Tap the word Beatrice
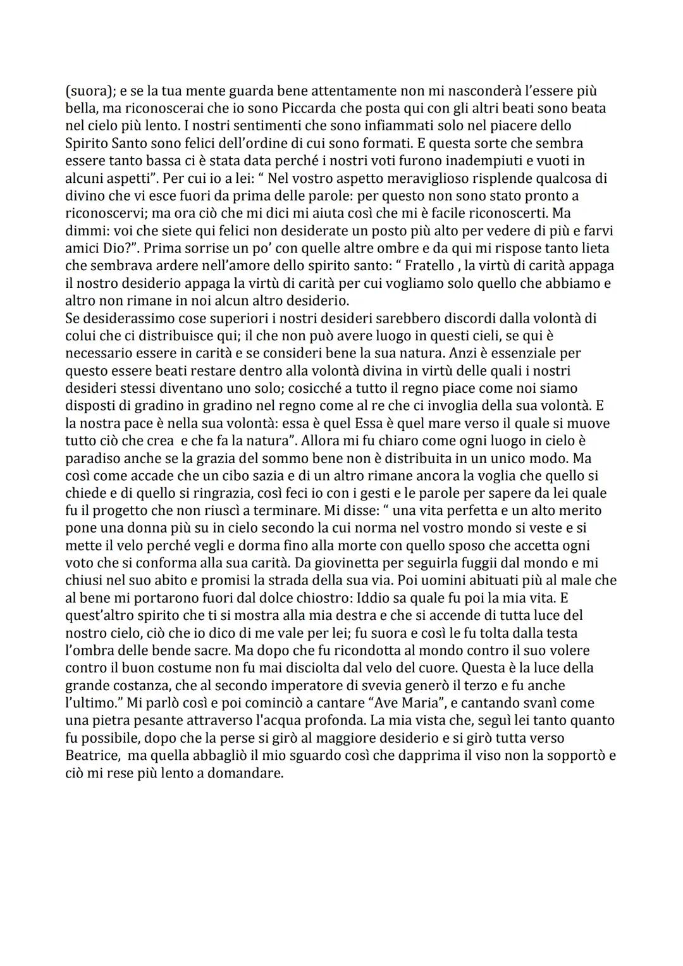click(x=92, y=755)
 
